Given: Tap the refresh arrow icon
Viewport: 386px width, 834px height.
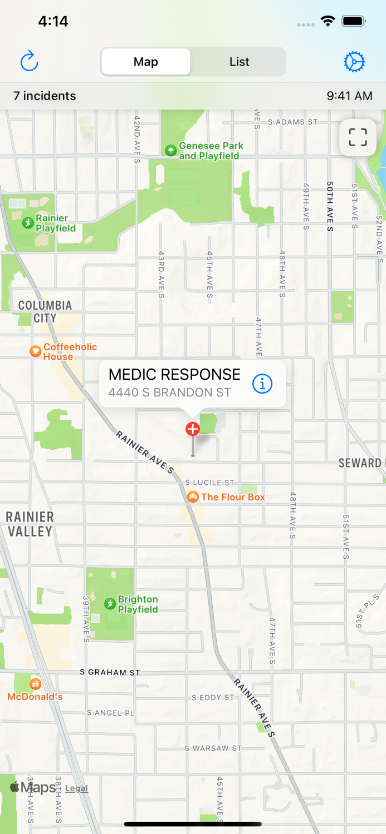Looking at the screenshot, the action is click(29, 61).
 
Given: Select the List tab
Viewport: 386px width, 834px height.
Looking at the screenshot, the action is click(239, 62).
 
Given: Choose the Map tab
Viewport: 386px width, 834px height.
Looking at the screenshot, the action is click(146, 62).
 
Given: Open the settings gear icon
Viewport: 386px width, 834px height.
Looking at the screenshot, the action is click(354, 62).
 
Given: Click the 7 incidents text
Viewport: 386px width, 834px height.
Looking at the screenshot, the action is click(45, 96).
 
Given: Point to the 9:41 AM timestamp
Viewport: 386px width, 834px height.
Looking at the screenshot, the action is click(349, 96).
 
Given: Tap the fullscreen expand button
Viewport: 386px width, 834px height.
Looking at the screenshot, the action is click(358, 137).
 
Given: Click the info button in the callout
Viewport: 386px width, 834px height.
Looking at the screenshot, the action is click(262, 383).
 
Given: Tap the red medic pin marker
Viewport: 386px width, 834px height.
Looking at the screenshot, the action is click(193, 429).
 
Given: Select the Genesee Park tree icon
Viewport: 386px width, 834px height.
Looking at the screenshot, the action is click(171, 150).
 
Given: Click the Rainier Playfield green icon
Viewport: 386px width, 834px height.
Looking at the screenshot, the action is click(28, 223).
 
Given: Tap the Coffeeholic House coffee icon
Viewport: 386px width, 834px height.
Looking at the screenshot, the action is click(35, 351).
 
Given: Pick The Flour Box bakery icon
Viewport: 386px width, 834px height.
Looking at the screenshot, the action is click(193, 497).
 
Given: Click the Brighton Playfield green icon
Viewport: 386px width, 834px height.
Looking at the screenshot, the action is click(110, 604).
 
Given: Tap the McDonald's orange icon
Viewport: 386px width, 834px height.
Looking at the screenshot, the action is click(35, 684).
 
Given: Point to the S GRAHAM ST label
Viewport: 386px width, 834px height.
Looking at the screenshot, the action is click(110, 672).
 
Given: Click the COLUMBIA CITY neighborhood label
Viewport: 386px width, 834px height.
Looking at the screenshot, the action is click(45, 311).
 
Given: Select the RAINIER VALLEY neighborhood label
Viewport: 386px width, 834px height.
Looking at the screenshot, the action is click(30, 524).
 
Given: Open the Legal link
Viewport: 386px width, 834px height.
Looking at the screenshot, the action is click(77, 788).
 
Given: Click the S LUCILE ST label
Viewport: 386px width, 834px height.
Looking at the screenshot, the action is click(210, 483).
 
